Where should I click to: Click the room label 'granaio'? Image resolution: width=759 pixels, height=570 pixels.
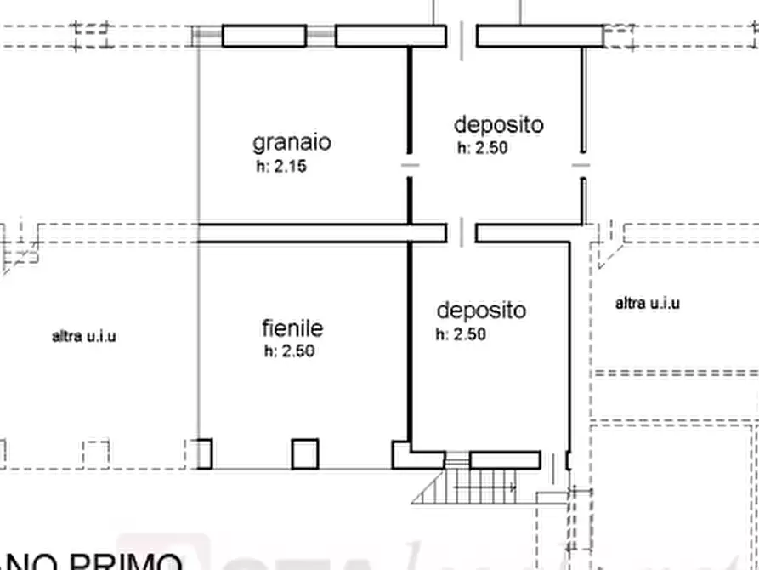(x=292, y=142)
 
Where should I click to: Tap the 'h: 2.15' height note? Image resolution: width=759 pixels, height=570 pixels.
(x=280, y=167)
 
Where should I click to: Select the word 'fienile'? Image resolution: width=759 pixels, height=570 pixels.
(x=292, y=328)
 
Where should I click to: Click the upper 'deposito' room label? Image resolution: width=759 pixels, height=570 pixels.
(x=498, y=125)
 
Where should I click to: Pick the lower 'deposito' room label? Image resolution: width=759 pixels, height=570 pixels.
(x=481, y=311)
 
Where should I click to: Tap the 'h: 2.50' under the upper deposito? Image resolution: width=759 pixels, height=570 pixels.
(x=483, y=148)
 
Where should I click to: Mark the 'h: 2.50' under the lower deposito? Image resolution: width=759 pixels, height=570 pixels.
(x=461, y=334)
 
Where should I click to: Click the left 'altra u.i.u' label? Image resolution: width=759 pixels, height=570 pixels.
(x=84, y=336)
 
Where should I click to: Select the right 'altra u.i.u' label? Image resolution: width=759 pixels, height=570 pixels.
(x=648, y=303)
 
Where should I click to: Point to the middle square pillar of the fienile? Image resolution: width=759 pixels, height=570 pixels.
(x=305, y=453)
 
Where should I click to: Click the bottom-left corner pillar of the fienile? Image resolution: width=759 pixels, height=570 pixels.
(x=203, y=453)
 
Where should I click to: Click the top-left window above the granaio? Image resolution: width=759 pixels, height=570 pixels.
(x=263, y=36)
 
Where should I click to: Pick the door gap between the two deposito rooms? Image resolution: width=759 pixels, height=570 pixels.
(x=462, y=232)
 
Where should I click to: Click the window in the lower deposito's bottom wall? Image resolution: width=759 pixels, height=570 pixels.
(x=505, y=460)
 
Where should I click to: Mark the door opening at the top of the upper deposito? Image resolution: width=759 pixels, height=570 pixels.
(x=462, y=36)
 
